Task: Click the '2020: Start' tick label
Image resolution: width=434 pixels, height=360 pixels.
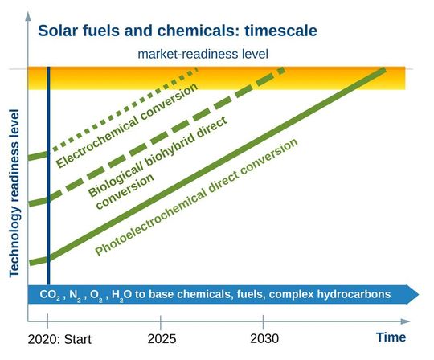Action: click(60, 339)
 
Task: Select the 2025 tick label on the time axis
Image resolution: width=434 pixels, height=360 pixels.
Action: click(162, 338)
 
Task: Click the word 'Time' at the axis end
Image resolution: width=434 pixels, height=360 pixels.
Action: click(391, 337)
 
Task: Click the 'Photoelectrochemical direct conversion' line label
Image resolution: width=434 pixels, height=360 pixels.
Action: click(196, 197)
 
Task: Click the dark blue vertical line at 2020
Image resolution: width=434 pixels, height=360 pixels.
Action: click(49, 201)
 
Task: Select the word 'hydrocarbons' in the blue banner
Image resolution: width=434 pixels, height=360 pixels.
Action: click(353, 294)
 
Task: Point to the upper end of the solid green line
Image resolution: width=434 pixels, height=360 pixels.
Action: click(383, 70)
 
